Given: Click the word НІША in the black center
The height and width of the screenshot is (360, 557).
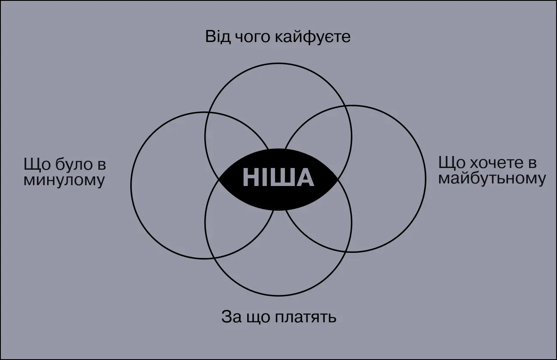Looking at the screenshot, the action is (x=278, y=178).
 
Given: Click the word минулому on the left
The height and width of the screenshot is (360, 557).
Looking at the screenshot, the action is (x=64, y=180).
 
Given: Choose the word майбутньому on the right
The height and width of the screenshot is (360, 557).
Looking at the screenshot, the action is (x=492, y=179).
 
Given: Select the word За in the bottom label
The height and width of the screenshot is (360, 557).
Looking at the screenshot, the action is (x=230, y=318).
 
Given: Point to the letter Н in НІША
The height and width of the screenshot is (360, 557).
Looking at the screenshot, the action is (x=251, y=178).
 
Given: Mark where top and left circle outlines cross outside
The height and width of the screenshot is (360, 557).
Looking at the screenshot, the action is (x=209, y=113).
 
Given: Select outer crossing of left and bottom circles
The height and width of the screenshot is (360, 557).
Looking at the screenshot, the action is (x=214, y=258).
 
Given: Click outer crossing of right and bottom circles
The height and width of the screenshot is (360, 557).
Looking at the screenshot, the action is (x=347, y=252).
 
